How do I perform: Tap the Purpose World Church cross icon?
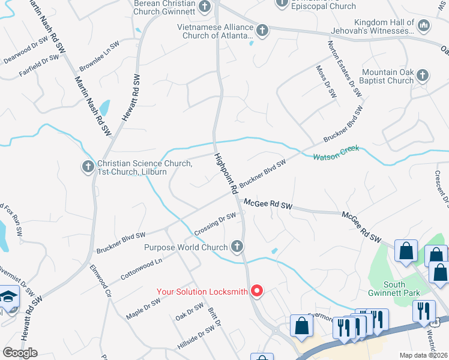pyautogui.click(x=237, y=247)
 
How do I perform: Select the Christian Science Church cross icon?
pyautogui.click(x=88, y=167)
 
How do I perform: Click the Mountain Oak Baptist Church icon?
pyautogui.click(x=423, y=76)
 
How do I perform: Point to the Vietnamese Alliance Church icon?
pyautogui.click(x=262, y=31)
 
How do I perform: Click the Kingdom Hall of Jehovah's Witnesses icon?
pyautogui.click(x=423, y=25)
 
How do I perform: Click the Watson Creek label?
pyautogui.click(x=336, y=152)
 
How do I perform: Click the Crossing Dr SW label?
pyautogui.click(x=215, y=224)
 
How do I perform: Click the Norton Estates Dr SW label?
pyautogui.click(x=345, y=68)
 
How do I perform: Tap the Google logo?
pyautogui.click(x=20, y=353)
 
